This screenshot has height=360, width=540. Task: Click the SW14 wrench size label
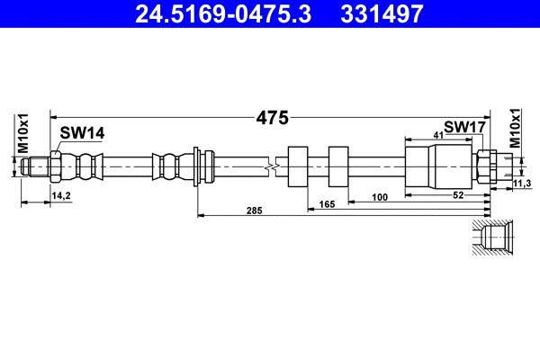82,133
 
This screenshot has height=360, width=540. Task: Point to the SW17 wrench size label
464,128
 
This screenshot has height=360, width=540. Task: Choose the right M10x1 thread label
516,128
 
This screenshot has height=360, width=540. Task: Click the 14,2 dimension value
62,194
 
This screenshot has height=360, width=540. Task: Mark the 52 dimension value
457,195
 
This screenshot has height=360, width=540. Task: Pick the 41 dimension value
438,135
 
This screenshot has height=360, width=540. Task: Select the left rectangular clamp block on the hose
298,166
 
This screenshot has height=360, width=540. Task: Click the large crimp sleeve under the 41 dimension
422,166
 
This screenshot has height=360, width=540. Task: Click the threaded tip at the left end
35,166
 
